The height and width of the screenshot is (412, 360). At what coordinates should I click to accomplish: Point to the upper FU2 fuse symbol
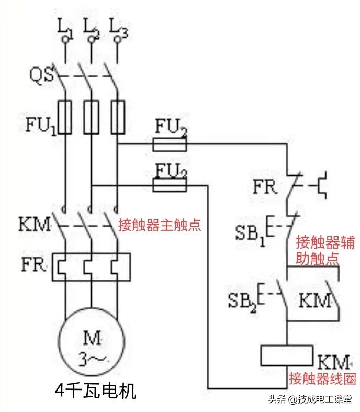pos(170,144)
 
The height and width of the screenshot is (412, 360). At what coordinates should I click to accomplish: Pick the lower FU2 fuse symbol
pos(170,184)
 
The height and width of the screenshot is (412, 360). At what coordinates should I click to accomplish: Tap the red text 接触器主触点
pos(160,225)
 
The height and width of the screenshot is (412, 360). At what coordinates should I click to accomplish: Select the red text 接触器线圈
pos(318,378)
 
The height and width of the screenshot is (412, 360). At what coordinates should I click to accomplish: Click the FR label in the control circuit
pos(265,187)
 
